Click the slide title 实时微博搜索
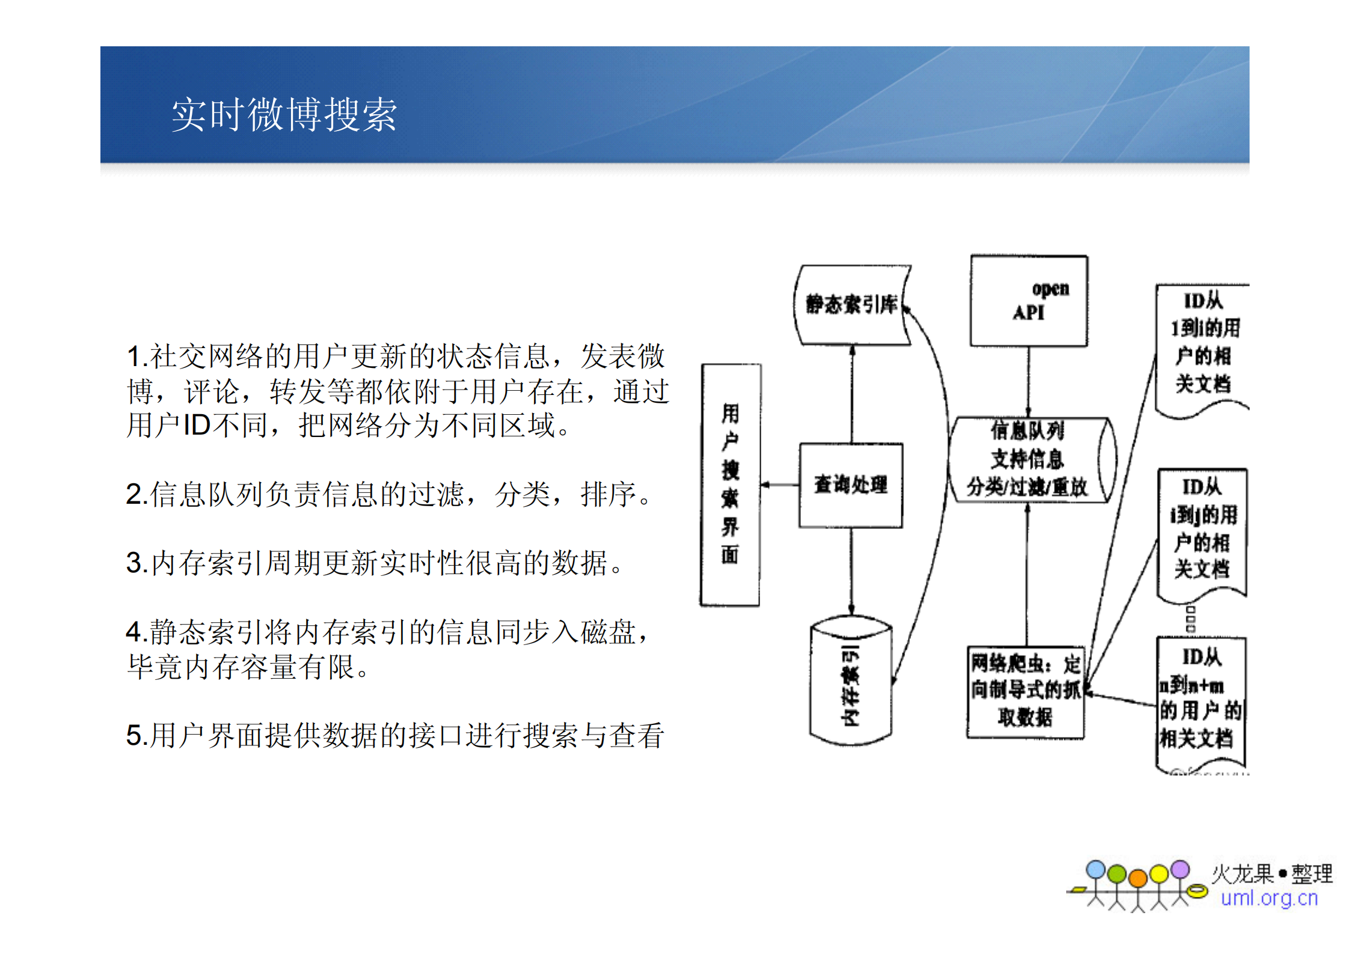click(x=284, y=114)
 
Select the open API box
click(x=1028, y=301)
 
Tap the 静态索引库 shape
click(x=851, y=305)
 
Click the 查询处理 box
click(x=850, y=485)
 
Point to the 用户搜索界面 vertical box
click(x=730, y=485)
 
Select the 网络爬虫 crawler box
click(x=1025, y=691)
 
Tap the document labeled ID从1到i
click(x=1201, y=349)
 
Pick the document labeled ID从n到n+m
click(x=1200, y=700)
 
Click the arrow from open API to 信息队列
click(x=1028, y=382)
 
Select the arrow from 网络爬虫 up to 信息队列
click(x=1027, y=574)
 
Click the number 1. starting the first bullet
click(x=137, y=356)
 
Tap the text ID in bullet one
click(x=197, y=426)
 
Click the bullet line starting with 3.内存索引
click(x=376, y=563)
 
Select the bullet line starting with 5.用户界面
click(x=395, y=735)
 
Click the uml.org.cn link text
click(x=1269, y=898)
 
